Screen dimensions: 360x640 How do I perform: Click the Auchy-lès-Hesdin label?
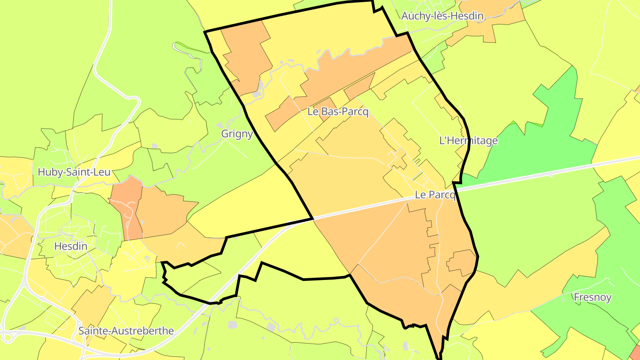[442, 16]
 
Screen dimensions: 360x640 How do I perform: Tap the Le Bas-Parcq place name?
[338, 112]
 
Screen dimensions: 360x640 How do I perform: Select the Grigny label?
[237, 134]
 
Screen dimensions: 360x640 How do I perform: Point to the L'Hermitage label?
[468, 141]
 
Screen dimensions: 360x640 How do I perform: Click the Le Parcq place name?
[435, 195]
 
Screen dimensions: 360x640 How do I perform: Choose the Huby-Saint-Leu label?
[74, 172]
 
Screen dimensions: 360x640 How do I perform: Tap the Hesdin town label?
[70, 246]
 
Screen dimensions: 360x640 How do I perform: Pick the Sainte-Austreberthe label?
[126, 331]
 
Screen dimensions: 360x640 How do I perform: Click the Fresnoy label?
[592, 297]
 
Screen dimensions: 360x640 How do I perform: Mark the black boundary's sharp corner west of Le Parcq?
[313, 219]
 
